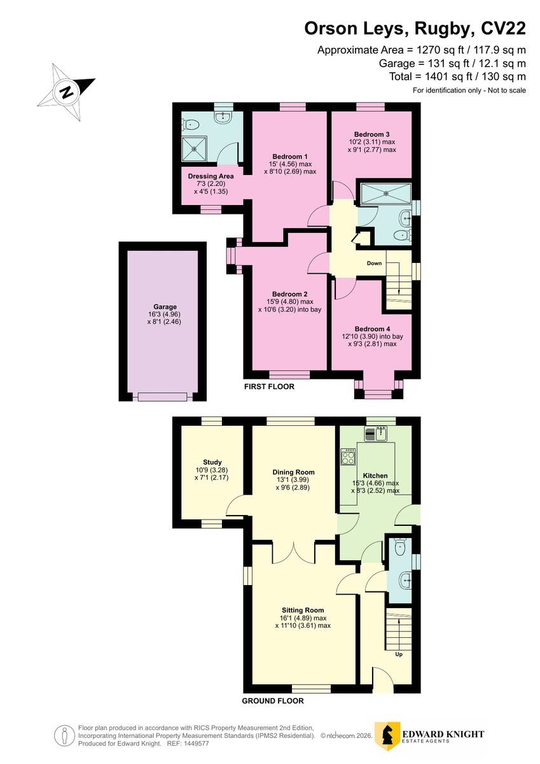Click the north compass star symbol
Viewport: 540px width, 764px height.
tap(66, 92)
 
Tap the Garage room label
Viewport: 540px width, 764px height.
tap(165, 307)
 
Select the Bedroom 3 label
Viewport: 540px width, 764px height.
tap(371, 134)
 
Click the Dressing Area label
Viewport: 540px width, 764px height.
tap(211, 176)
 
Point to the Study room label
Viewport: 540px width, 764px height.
tap(212, 462)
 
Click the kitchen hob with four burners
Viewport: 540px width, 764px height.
tap(348, 456)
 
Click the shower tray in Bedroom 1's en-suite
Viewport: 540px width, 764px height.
tap(194, 149)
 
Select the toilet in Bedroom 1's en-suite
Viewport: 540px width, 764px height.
tap(190, 125)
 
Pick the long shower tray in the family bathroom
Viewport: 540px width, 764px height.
tap(385, 194)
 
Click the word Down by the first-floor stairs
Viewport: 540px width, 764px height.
tap(374, 264)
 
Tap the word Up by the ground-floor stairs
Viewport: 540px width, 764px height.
tap(399, 654)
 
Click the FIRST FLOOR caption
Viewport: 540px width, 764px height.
tap(269, 386)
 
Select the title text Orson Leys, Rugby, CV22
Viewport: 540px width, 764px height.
tap(415, 29)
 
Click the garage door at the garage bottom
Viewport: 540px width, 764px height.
tap(162, 397)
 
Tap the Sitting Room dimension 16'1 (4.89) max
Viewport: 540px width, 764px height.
tap(303, 618)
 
